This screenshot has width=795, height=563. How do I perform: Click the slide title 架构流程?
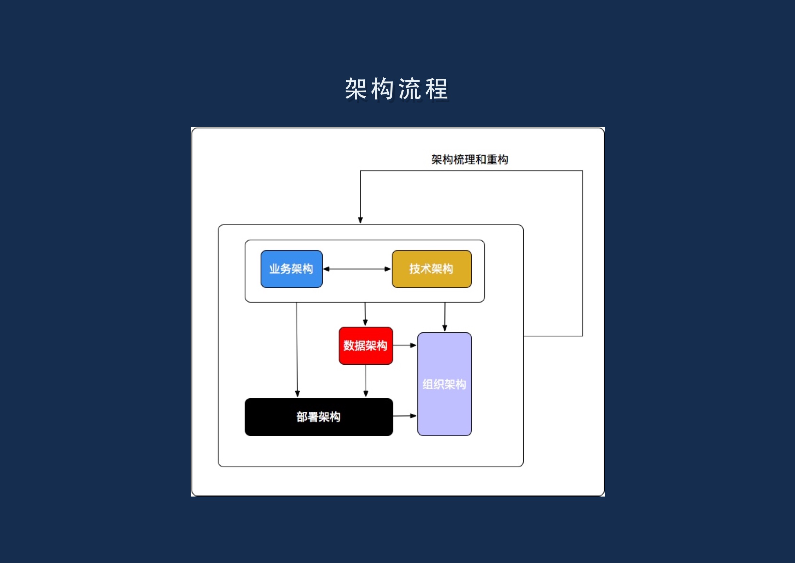pos(396,89)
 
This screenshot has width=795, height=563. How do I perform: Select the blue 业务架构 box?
pos(291,269)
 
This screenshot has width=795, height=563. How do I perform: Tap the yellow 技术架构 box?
pos(431,269)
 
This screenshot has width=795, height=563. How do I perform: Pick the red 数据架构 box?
pos(366,346)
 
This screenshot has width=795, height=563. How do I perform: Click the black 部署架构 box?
pos(319,417)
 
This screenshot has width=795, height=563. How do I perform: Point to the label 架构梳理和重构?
pos(470,160)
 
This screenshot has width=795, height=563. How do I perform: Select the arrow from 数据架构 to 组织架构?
pos(404,345)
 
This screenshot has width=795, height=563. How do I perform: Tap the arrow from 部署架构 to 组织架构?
pos(404,416)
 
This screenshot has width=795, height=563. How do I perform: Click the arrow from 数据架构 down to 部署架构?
pos(366,381)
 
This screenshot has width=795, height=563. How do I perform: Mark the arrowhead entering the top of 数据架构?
pos(365,323)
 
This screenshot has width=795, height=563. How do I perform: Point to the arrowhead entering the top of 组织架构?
pos(445,328)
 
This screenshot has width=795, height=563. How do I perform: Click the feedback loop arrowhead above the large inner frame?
pos(360,220)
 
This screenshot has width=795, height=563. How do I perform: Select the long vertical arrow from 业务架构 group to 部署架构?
pos(297,350)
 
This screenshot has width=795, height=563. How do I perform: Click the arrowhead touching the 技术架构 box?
pos(388,269)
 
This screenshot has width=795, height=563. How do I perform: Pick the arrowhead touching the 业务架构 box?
pos(326,269)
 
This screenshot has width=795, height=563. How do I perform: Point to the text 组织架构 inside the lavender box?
pos(444,384)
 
